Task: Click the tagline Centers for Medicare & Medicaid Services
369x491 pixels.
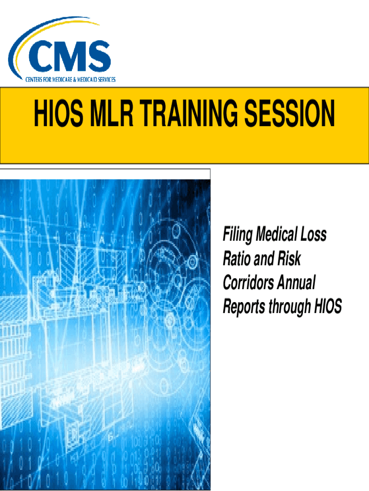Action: [70, 80]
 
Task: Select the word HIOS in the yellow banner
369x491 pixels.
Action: [59, 113]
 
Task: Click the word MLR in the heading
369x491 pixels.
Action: [112, 113]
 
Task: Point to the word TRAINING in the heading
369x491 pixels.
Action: [188, 113]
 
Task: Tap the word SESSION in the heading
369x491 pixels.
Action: [289, 113]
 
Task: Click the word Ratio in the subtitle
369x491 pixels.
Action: [237, 258]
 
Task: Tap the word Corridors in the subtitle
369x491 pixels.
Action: [248, 282]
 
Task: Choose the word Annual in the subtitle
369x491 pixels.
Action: [296, 282]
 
